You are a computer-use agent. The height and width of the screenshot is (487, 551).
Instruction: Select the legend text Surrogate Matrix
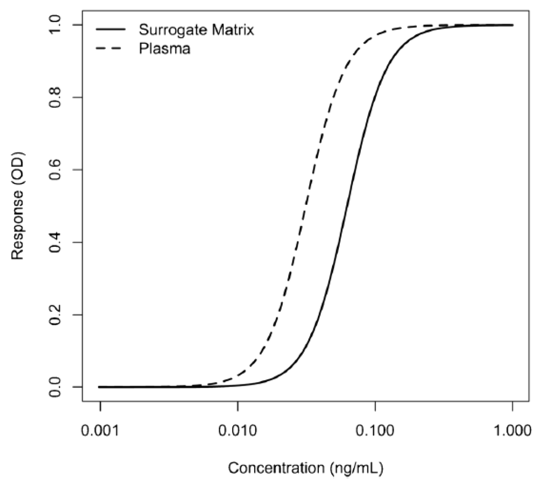(x=196, y=30)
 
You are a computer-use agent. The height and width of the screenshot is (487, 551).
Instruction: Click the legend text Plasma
(x=165, y=49)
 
